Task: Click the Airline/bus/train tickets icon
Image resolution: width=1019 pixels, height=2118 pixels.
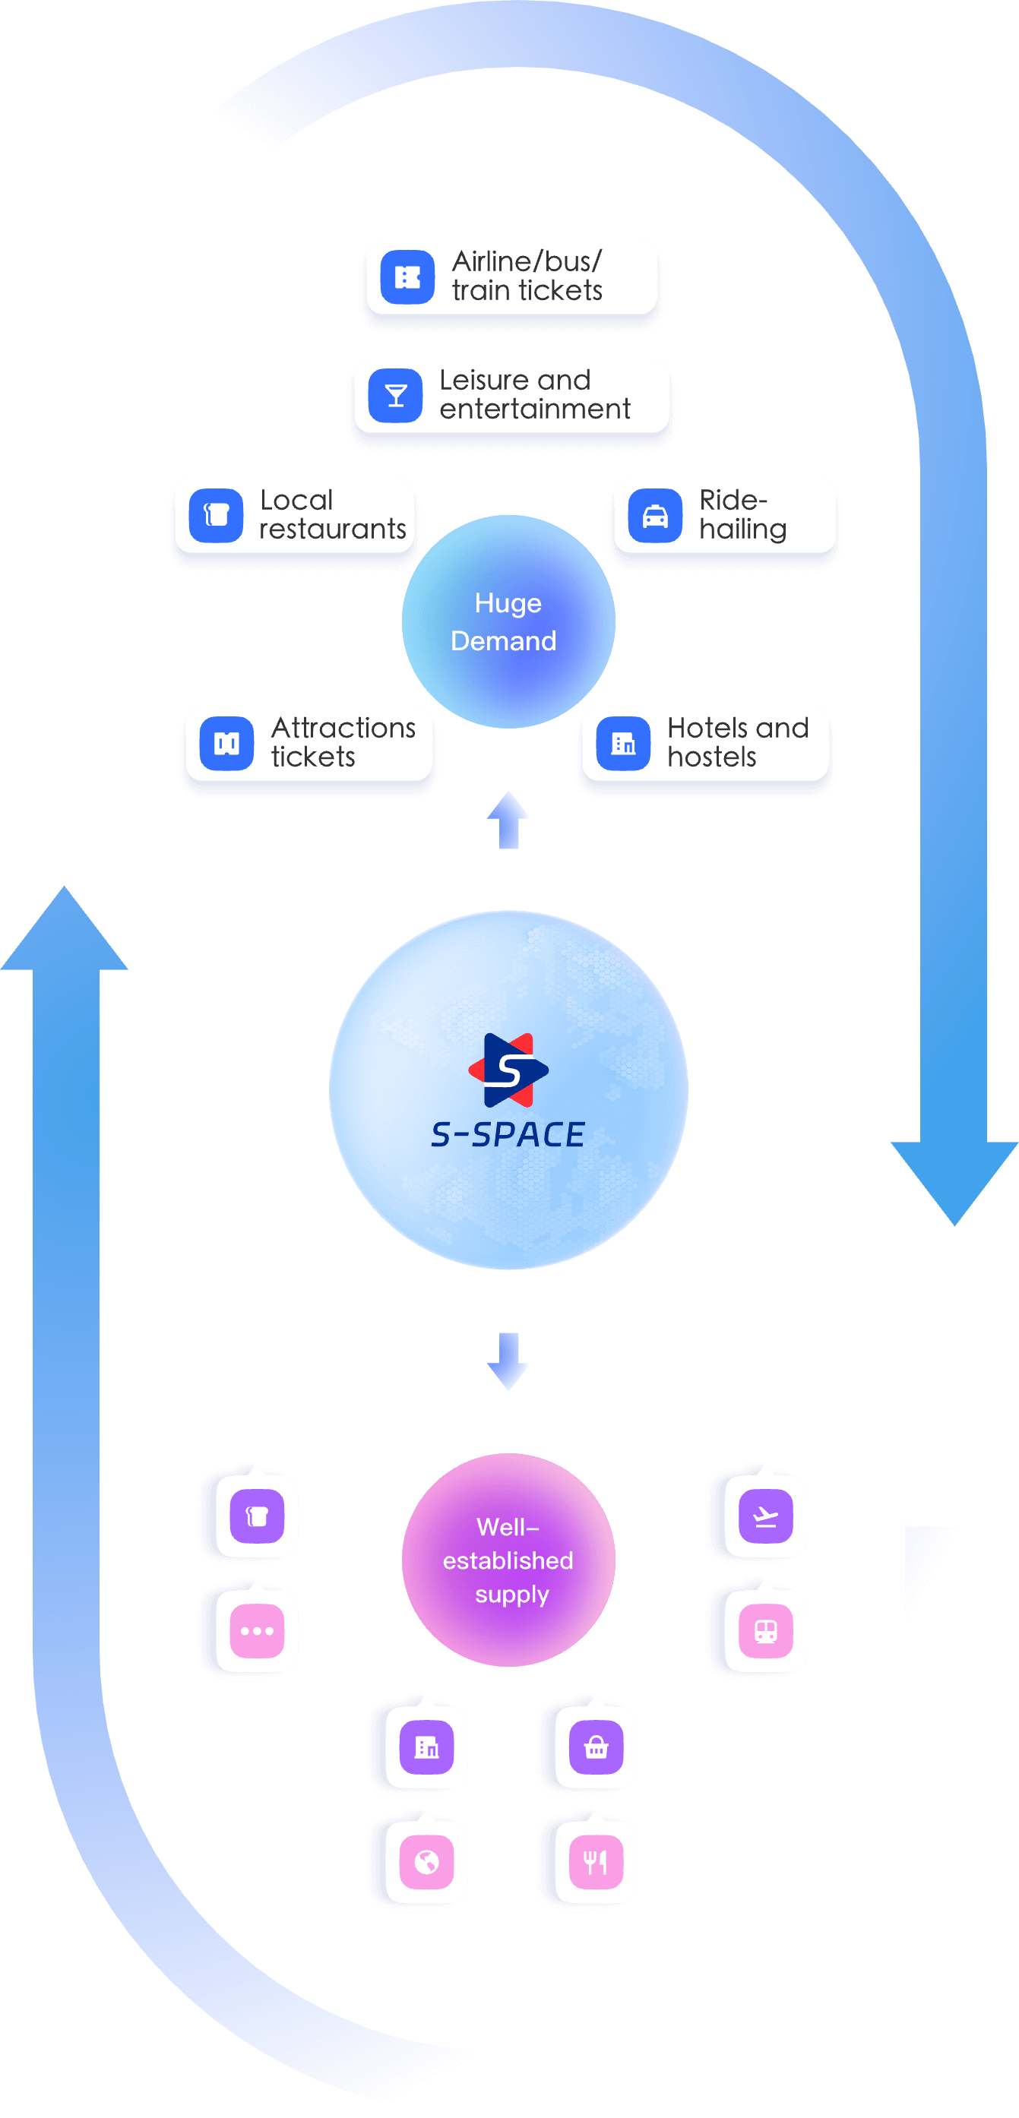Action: tap(407, 277)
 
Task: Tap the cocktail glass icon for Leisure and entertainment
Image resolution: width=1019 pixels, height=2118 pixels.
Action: tap(395, 396)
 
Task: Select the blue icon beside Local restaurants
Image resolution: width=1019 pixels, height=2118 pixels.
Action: tap(216, 516)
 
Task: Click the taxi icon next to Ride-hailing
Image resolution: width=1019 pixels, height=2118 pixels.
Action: tap(655, 516)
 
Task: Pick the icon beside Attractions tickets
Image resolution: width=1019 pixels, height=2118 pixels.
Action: tap(226, 743)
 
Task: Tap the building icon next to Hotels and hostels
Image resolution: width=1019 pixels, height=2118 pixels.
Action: tap(622, 743)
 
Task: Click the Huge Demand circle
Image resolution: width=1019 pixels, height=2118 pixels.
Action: tap(508, 621)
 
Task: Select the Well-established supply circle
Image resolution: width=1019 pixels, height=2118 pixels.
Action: tap(508, 1560)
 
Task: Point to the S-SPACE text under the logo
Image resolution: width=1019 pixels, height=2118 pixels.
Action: tap(508, 1135)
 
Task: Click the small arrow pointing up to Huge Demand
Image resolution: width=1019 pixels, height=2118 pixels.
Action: tap(508, 820)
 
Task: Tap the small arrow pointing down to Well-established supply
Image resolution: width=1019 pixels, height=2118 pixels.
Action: tap(508, 1361)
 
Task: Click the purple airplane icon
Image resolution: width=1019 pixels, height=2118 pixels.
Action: tap(766, 1516)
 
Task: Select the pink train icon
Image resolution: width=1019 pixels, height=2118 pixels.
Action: tap(766, 1630)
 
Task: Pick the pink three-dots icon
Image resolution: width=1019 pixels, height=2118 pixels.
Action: tap(257, 1630)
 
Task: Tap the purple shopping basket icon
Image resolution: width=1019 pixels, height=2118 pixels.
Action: tap(596, 1747)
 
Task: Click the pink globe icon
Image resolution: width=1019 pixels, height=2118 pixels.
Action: tap(426, 1862)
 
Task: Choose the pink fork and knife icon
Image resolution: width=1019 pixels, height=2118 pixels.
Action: tap(596, 1862)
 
